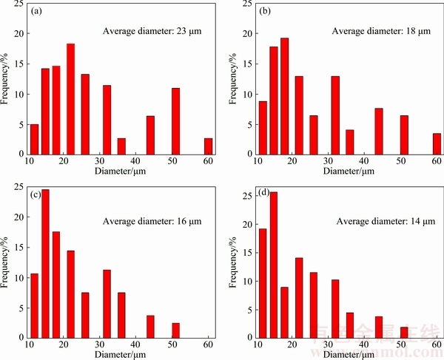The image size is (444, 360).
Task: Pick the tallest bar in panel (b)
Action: click(x=284, y=95)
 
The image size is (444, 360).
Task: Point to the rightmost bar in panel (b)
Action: click(x=437, y=143)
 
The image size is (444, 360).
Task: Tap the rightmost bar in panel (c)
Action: click(x=176, y=330)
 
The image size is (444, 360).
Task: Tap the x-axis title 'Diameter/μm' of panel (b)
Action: click(x=346, y=172)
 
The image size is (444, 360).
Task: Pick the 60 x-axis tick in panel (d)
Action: click(x=436, y=344)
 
